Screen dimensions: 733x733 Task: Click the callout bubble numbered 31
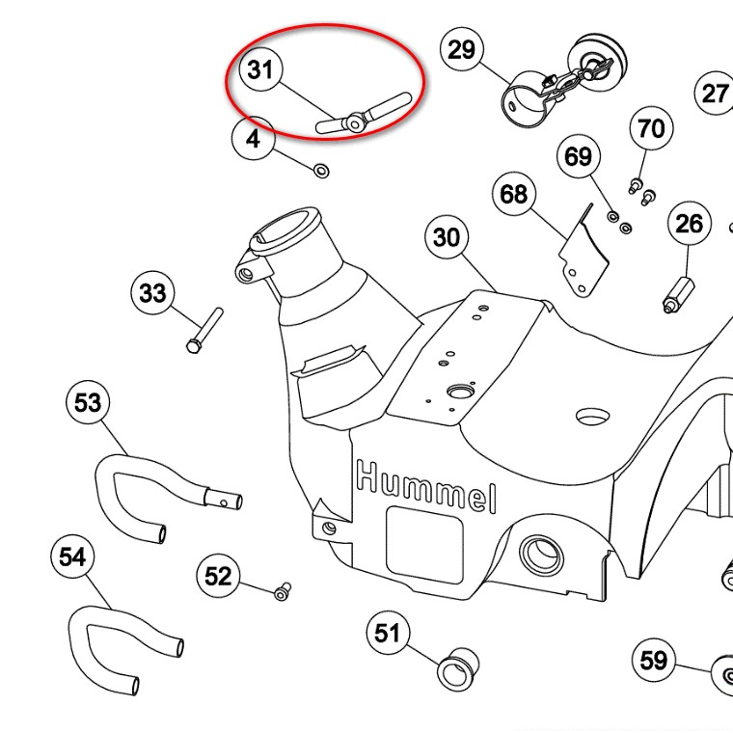tap(260, 69)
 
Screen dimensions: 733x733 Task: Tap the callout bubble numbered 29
tap(462, 49)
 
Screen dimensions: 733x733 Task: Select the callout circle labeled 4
tap(253, 138)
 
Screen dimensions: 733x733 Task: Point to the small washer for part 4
tap(321, 171)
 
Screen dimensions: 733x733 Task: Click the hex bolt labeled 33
tap(204, 331)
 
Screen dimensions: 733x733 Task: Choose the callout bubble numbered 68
tap(514, 194)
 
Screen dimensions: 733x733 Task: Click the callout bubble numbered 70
tap(652, 128)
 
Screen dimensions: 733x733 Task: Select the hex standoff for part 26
tap(678, 295)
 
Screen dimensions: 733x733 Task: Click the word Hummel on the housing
tap(426, 487)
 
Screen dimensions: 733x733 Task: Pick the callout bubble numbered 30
tap(447, 237)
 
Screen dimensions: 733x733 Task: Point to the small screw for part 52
tap(283, 591)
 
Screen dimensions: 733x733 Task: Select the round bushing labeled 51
tap(458, 669)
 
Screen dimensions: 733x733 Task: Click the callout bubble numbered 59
tap(653, 661)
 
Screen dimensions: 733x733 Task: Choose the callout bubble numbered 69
tap(579, 156)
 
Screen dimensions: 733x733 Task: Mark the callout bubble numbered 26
tap(689, 224)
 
